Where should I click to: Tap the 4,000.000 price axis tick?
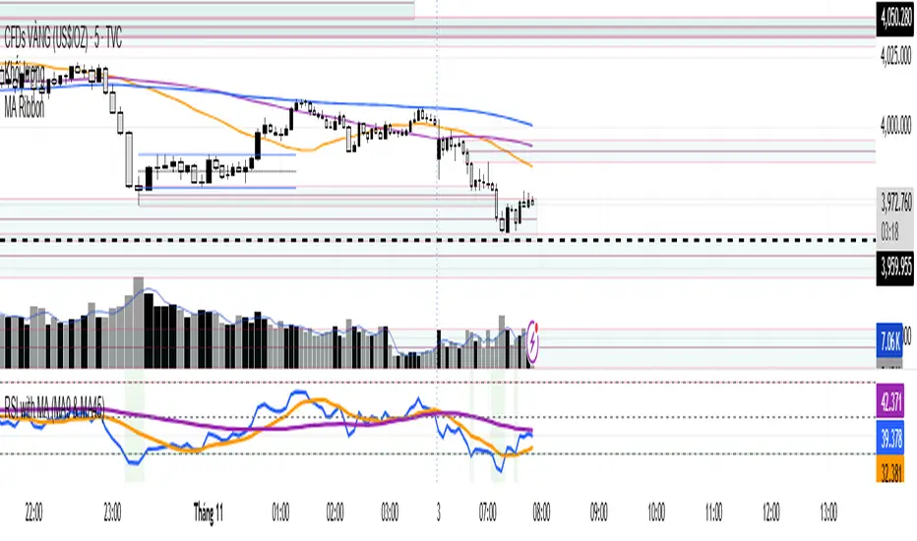(x=895, y=125)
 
